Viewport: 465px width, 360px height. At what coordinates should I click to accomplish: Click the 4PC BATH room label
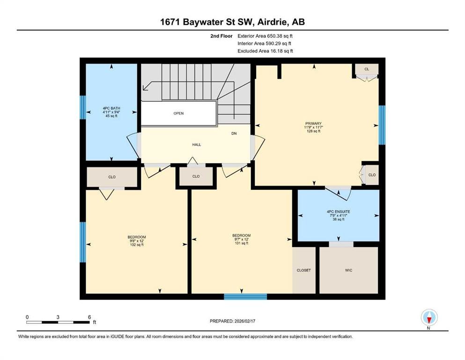pyautogui.click(x=111, y=108)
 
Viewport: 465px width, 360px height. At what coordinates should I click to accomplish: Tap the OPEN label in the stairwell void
pyautogui.click(x=178, y=113)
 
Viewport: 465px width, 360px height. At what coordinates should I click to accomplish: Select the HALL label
pyautogui.click(x=197, y=145)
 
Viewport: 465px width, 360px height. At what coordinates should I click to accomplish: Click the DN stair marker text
pyautogui.click(x=234, y=134)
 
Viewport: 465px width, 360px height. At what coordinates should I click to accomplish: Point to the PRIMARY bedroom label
pyautogui.click(x=313, y=123)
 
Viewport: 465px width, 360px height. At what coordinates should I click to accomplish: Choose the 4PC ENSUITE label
pyautogui.click(x=339, y=211)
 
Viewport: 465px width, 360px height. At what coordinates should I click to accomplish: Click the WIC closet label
pyautogui.click(x=349, y=270)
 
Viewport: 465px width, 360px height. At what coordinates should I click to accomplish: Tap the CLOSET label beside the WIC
pyautogui.click(x=303, y=270)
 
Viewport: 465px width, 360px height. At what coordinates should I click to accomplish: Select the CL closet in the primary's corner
pyautogui.click(x=367, y=69)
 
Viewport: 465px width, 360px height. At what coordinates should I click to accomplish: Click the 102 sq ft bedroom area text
pyautogui.click(x=137, y=245)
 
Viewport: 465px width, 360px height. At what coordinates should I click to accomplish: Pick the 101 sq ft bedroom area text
pyautogui.click(x=241, y=243)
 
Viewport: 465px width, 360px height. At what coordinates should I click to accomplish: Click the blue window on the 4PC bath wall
pyautogui.click(x=83, y=107)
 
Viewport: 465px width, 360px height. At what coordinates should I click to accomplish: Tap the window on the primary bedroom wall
pyautogui.click(x=382, y=125)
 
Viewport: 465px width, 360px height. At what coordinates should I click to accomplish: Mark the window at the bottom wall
pyautogui.click(x=245, y=297)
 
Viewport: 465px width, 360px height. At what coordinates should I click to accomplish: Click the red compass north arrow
pyautogui.click(x=429, y=320)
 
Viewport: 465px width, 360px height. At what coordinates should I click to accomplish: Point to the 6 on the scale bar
pyautogui.click(x=89, y=317)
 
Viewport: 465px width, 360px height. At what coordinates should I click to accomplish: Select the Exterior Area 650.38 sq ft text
pyautogui.click(x=265, y=36)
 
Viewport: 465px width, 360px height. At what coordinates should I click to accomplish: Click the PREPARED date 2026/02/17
pyautogui.click(x=244, y=321)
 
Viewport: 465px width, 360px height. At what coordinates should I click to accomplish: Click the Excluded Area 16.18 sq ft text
pyautogui.click(x=265, y=51)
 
